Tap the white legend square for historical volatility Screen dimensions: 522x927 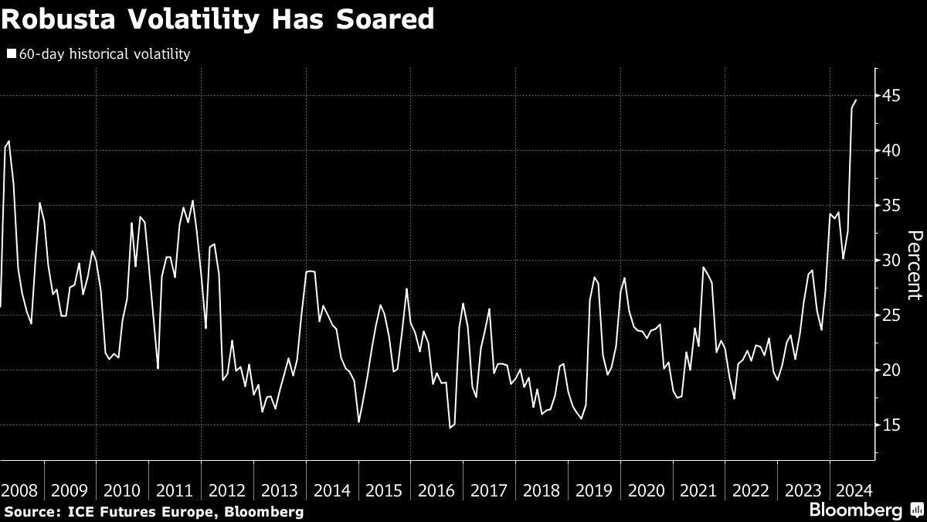(12, 54)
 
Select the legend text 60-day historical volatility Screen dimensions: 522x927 (104, 54)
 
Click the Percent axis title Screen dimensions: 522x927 (914, 264)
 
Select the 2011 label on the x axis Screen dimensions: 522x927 (175, 490)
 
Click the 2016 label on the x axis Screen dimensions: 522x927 (436, 490)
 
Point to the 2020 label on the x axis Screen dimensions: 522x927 (646, 490)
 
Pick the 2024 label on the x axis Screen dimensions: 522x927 (855, 490)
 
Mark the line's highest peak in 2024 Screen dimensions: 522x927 (856, 100)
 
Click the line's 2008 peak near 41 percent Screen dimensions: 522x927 (8, 142)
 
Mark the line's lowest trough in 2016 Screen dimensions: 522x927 (450, 428)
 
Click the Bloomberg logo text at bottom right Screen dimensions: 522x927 (855, 510)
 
